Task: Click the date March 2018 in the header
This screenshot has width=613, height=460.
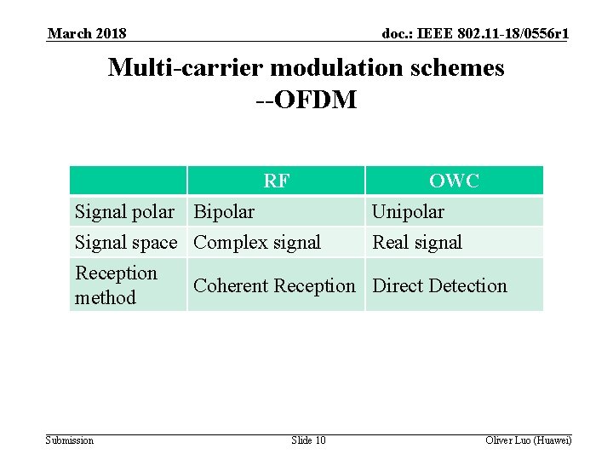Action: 88,33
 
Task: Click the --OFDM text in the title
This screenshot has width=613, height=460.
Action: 306,100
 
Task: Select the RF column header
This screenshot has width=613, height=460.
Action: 275,181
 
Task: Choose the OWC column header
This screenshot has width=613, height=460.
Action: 454,181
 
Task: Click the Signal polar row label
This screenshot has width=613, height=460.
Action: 125,211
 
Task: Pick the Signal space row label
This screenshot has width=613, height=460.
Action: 126,242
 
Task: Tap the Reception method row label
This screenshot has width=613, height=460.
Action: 117,285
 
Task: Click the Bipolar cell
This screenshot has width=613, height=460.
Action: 224,211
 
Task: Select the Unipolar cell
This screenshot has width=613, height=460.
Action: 408,211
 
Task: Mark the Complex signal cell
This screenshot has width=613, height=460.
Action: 257,242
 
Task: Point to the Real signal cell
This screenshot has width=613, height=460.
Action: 417,242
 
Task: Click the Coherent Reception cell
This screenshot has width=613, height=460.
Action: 274,285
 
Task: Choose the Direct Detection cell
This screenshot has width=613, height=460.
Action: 439,285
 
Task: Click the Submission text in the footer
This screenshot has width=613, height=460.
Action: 70,440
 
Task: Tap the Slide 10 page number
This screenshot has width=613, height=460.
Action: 307,440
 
